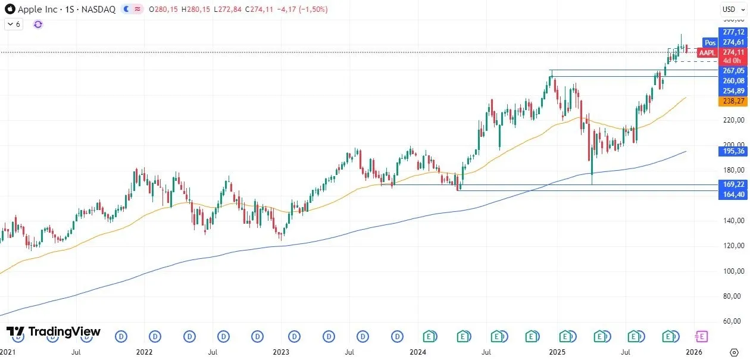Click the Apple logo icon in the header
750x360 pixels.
coord(10,10)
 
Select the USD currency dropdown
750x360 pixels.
coord(729,9)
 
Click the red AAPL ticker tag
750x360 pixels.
coord(707,53)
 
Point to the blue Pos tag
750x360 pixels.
coord(710,42)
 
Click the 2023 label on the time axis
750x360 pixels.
coord(281,352)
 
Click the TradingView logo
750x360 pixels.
coord(54,332)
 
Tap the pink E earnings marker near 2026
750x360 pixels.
coord(701,337)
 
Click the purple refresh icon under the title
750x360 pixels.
coord(38,24)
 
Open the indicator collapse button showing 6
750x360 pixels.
coord(13,24)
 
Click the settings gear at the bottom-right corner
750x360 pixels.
coord(734,352)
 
